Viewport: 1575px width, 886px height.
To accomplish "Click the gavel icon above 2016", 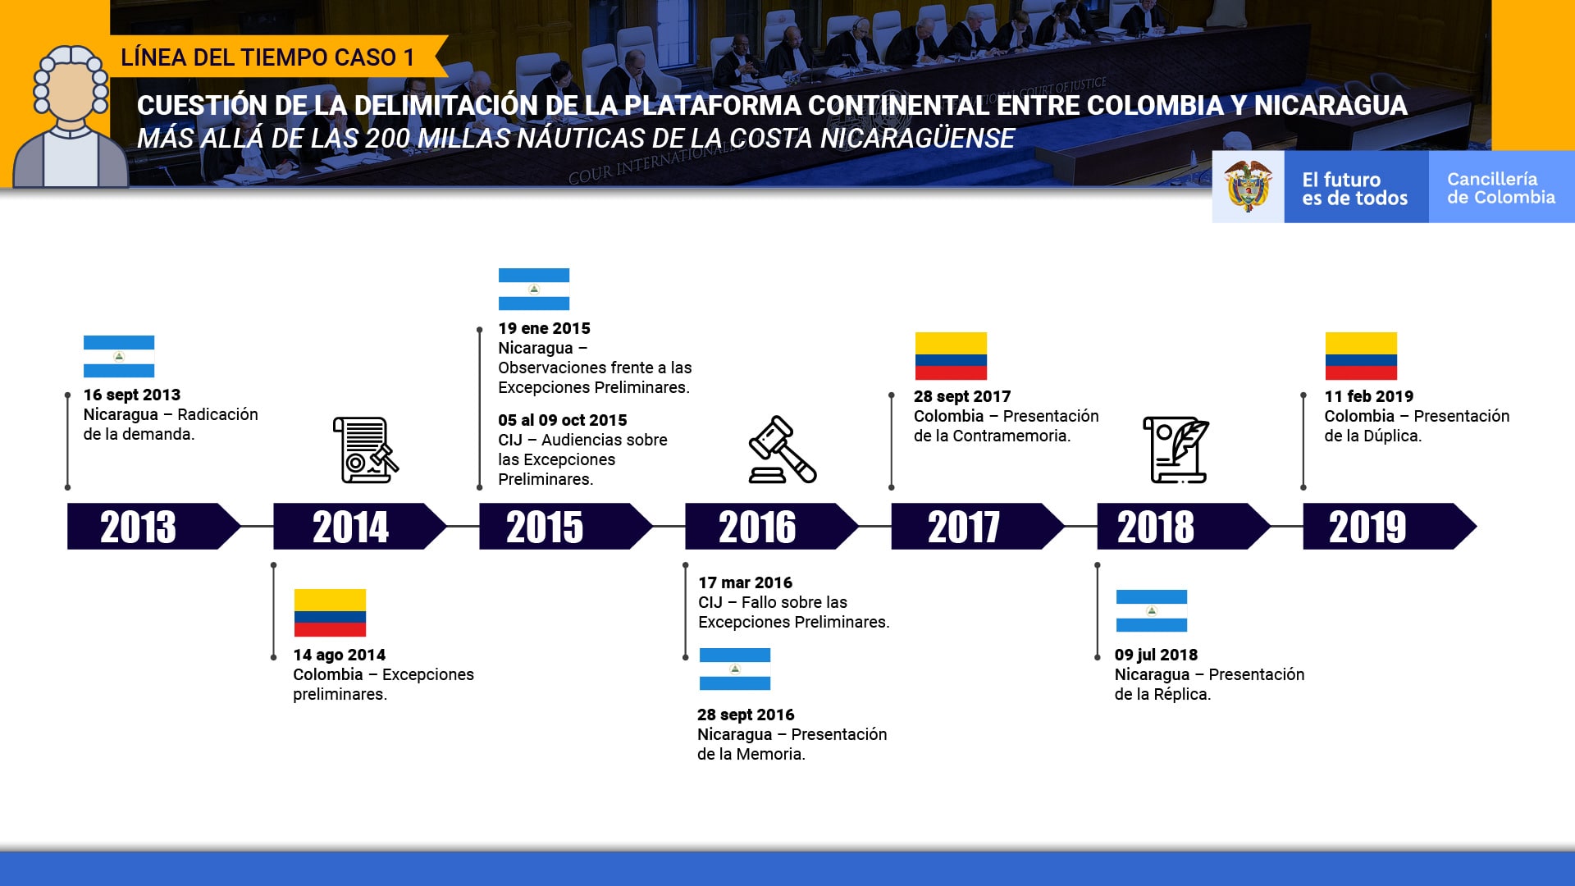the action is (783, 450).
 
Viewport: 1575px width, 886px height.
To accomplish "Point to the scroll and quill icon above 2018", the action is (1176, 450).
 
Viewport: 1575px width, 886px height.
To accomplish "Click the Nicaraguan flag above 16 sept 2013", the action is (119, 356).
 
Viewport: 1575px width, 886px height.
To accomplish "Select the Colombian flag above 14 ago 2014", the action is (330, 613).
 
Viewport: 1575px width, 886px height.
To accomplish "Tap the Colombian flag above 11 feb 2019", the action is (1361, 356).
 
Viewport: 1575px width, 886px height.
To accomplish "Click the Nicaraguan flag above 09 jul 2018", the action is (1152, 610).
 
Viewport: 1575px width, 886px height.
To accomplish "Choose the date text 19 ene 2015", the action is (544, 328).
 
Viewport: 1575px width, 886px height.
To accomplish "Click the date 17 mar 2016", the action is (745, 582).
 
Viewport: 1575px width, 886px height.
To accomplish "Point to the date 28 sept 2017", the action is (962, 396).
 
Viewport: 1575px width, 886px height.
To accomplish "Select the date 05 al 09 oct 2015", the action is (562, 420).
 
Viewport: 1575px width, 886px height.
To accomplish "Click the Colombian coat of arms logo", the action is (1248, 186).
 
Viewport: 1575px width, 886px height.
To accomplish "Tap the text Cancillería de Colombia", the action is (1501, 188).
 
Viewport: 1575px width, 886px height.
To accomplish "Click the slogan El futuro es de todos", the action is (1354, 189).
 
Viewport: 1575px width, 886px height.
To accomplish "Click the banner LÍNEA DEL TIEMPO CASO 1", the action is (267, 57).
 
